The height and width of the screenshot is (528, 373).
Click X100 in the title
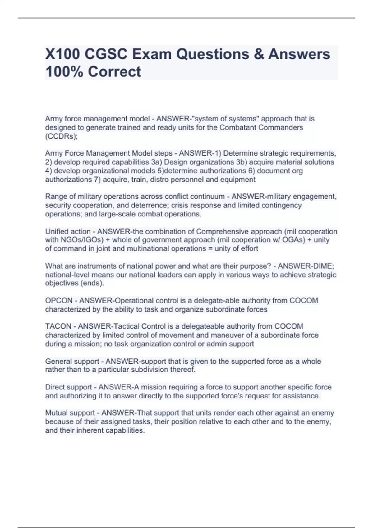pyautogui.click(x=63, y=54)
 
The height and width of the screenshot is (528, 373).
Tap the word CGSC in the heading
pyautogui.click(x=106, y=54)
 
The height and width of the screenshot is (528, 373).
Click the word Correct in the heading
pyautogui.click(x=114, y=72)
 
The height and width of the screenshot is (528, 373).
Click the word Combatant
pyautogui.click(x=238, y=127)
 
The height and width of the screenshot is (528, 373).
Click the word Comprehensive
pyautogui.click(x=222, y=231)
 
